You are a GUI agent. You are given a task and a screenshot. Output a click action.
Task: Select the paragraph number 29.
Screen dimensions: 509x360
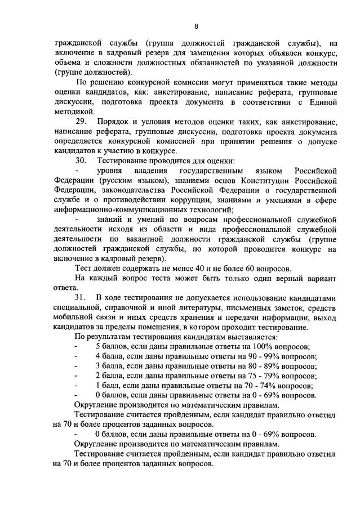click(81, 122)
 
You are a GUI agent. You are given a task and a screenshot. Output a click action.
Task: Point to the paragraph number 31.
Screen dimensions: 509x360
click(81, 297)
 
